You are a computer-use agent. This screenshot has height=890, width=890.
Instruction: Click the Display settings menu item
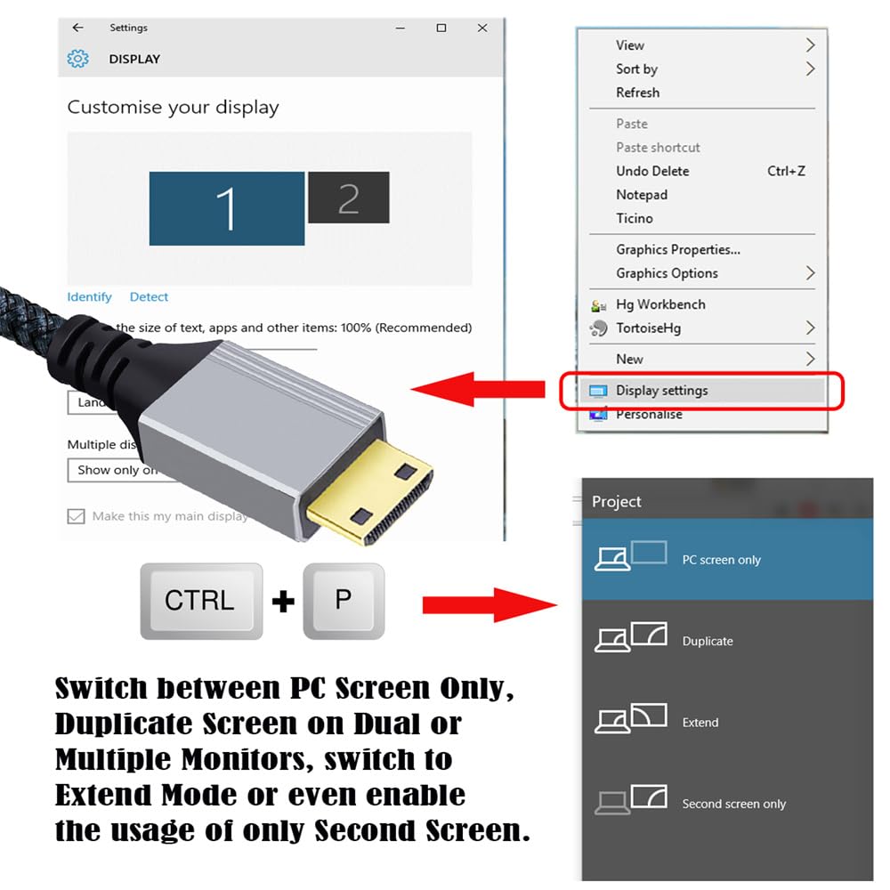pyautogui.click(x=662, y=390)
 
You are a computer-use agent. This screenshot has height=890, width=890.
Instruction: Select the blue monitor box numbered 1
pyautogui.click(x=226, y=208)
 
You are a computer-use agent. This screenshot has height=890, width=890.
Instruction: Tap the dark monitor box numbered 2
pyautogui.click(x=348, y=198)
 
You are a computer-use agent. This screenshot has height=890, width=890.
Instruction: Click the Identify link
pyautogui.click(x=89, y=297)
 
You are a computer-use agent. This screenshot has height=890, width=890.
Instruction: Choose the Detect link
pyautogui.click(x=149, y=297)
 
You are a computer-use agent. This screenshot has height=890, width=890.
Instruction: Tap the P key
pyautogui.click(x=344, y=600)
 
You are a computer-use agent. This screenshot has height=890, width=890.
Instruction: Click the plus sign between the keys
pyautogui.click(x=283, y=603)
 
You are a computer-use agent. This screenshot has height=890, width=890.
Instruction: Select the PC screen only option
pyautogui.click(x=721, y=560)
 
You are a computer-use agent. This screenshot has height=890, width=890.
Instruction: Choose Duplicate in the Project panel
pyautogui.click(x=708, y=641)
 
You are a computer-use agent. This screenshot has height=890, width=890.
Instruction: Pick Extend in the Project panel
pyautogui.click(x=700, y=722)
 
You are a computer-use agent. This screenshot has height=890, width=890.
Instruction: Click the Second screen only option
pyautogui.click(x=733, y=804)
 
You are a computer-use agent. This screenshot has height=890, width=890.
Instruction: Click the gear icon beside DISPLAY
pyautogui.click(x=78, y=59)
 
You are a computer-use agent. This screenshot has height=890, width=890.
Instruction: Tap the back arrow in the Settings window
pyautogui.click(x=78, y=28)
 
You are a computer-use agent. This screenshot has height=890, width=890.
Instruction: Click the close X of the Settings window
pyautogui.click(x=482, y=28)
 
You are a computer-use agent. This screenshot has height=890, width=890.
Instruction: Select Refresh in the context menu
pyautogui.click(x=637, y=93)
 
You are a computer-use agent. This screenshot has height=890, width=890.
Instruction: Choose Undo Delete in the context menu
pyautogui.click(x=652, y=171)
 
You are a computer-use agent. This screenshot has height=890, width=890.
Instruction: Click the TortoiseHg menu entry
pyautogui.click(x=648, y=328)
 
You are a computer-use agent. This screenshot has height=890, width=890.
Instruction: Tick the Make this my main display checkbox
pyautogui.click(x=76, y=516)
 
